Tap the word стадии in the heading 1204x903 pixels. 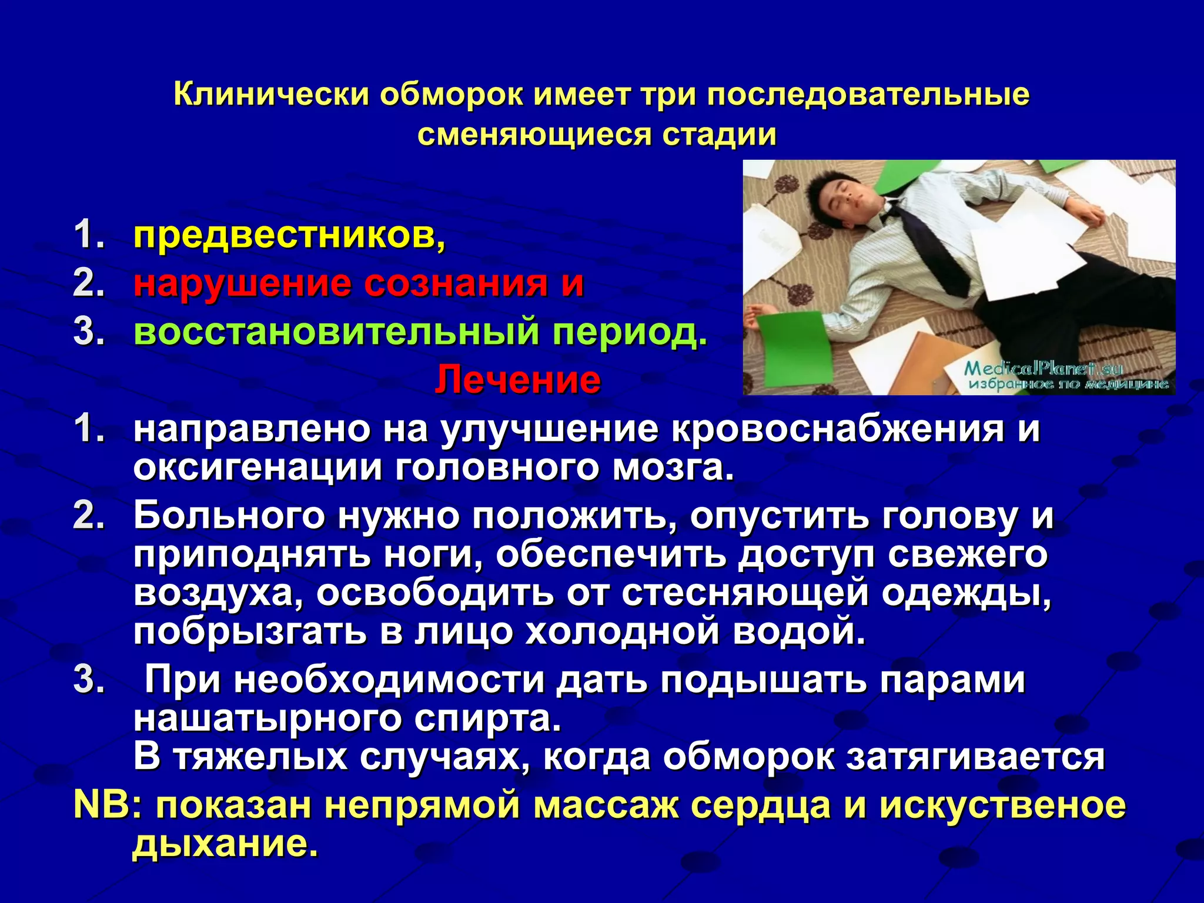(719, 135)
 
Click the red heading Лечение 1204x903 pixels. (517, 380)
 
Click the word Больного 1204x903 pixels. (229, 516)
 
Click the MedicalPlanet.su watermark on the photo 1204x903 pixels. (1044, 370)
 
